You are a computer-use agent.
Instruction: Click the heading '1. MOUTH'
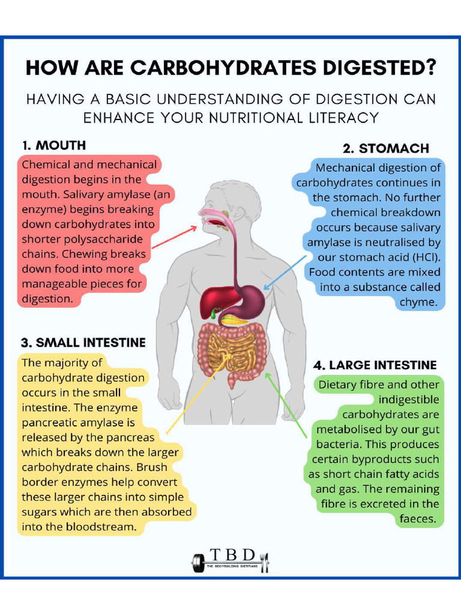[54, 145]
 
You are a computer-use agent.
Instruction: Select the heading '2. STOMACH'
[386, 148]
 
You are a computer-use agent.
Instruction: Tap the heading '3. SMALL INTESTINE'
[83, 343]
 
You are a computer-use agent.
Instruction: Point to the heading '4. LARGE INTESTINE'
[375, 365]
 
